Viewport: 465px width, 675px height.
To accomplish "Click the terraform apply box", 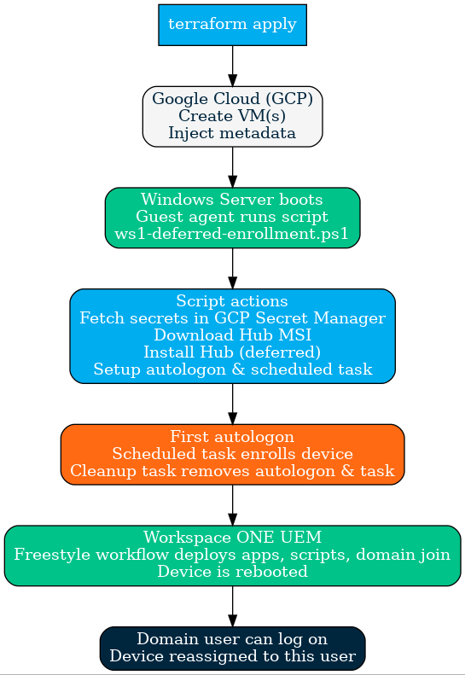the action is point(232,25).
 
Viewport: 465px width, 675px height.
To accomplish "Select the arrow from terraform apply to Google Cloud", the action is point(232,66).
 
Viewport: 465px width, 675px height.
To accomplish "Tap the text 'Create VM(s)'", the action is point(232,116).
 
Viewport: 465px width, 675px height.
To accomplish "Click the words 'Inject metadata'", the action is point(232,133).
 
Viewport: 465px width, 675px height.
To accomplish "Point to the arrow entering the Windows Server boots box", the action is point(232,167).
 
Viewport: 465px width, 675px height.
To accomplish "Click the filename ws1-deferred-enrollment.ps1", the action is point(231,234).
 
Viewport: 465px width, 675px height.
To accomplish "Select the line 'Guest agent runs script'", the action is point(232,217).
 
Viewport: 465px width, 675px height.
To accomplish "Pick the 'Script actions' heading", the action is point(232,301).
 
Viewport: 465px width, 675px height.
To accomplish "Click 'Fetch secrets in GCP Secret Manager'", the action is point(232,318).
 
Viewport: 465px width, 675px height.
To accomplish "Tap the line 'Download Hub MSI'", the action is point(232,335).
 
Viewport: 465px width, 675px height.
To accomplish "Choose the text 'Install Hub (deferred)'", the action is point(232,352).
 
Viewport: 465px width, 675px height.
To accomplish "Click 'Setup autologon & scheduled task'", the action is point(233,370).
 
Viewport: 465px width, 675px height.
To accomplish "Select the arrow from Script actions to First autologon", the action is point(232,404).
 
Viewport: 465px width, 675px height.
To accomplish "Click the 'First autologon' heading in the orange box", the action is point(232,437).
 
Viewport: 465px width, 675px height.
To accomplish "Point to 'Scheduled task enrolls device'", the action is point(232,454).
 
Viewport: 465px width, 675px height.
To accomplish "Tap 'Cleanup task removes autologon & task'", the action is point(232,471).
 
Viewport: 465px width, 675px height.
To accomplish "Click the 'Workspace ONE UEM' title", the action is point(232,538).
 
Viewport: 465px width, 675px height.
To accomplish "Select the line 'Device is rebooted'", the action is point(232,572).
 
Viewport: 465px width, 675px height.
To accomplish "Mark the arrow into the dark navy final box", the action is point(232,607).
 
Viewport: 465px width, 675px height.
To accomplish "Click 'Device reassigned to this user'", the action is point(232,656).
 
